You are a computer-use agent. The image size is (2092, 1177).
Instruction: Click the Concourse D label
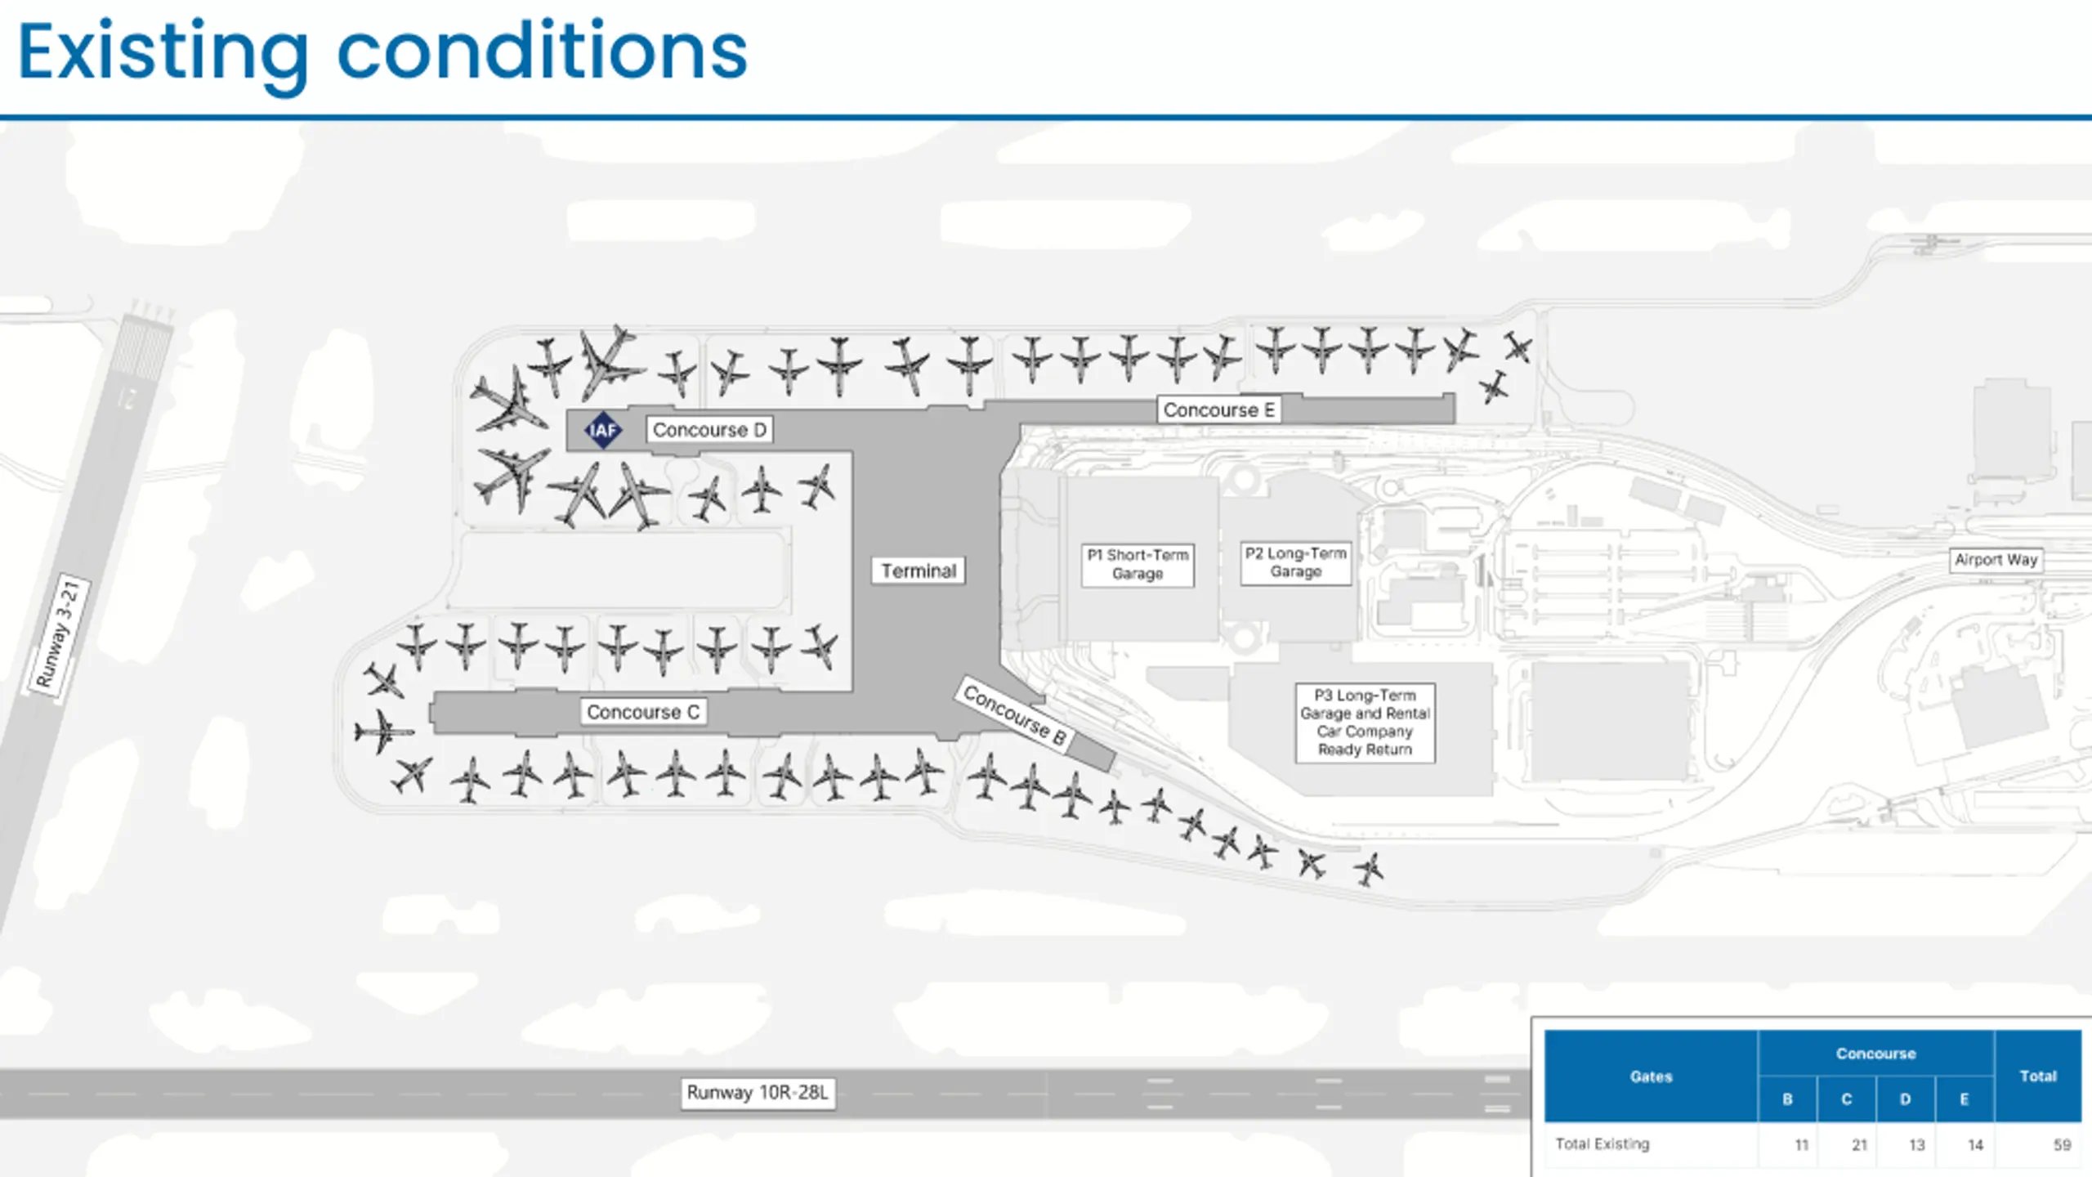709,430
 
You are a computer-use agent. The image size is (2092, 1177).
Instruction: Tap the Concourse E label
1218,409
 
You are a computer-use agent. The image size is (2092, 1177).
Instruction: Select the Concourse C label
643,712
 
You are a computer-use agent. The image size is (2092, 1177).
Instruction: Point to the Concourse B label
1014,715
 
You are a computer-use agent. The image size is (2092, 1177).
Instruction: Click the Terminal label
919,571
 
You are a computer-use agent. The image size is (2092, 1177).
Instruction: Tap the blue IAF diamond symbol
603,430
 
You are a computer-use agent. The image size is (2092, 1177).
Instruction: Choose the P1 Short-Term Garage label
1138,564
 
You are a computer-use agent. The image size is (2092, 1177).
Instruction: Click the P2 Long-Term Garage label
1296,562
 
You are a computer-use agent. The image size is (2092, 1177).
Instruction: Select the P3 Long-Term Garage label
1365,723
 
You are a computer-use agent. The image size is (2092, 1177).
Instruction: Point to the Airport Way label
1996,560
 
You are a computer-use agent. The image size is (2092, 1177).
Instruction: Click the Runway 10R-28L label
758,1093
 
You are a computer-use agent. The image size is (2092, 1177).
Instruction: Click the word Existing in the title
163,52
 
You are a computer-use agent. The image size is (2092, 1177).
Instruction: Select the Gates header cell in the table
1651,1076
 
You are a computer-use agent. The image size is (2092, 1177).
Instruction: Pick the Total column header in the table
2037,1076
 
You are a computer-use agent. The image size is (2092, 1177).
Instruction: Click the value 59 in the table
2062,1145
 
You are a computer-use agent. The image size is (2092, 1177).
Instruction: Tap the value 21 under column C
1859,1145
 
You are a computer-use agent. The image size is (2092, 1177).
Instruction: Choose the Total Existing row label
1602,1144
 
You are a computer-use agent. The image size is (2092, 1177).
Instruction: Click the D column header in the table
1905,1099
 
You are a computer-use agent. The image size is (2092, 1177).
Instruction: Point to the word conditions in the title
542,52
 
